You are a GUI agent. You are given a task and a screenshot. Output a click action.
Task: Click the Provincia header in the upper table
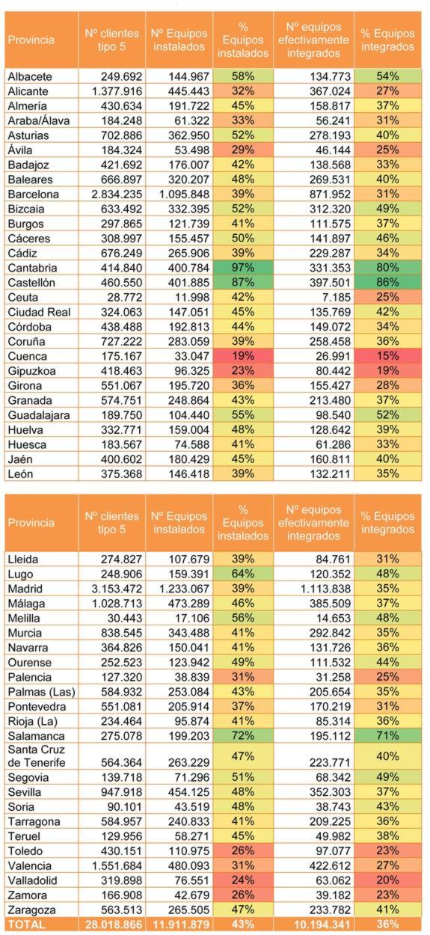pos(31,39)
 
